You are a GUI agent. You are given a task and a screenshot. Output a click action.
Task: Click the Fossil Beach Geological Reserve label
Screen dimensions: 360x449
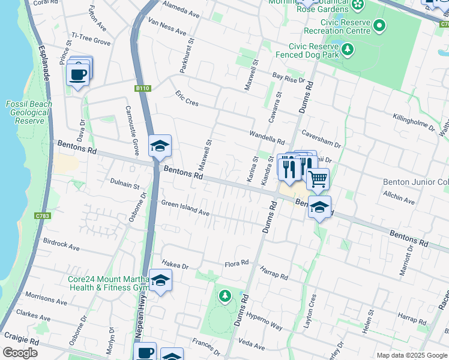tap(29, 112)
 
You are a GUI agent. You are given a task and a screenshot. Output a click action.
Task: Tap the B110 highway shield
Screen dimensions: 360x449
tap(142, 88)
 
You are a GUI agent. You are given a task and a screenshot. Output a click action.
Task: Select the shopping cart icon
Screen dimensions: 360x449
tap(318, 178)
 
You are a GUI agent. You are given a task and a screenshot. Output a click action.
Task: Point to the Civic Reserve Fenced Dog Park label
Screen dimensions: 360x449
tap(306, 50)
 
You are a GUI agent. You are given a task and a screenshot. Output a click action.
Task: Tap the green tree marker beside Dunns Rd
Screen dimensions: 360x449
tap(224, 296)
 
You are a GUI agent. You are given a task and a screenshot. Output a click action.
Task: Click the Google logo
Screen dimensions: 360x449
tap(20, 353)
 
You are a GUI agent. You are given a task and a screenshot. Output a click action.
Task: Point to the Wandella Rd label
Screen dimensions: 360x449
tap(267, 137)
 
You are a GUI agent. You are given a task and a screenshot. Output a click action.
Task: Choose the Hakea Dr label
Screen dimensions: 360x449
tap(175, 265)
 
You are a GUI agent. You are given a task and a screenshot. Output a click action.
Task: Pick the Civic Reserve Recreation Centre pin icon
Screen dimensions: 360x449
tap(379, 26)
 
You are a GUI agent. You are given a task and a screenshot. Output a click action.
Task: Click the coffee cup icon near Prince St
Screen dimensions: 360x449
tap(78, 74)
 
